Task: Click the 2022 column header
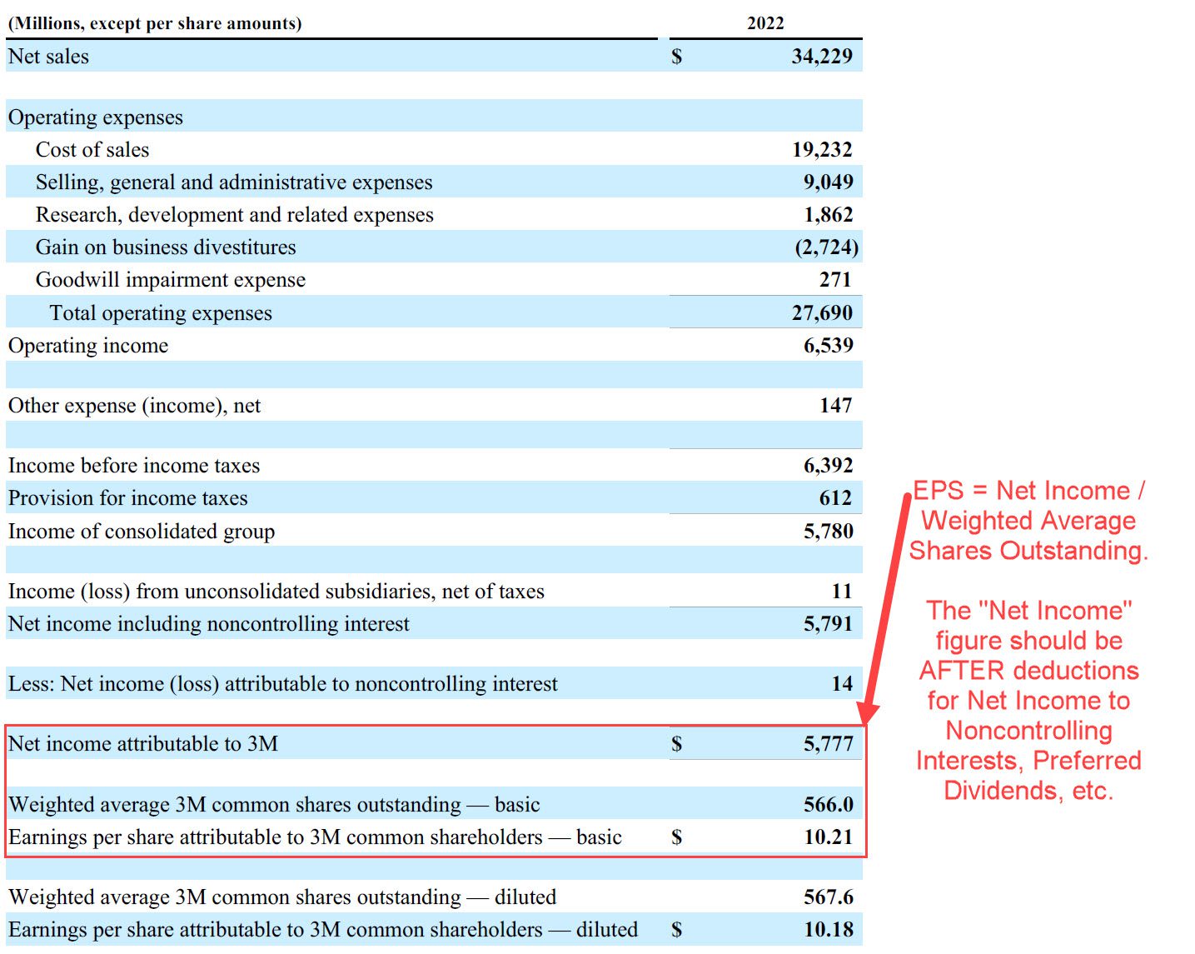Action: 764,22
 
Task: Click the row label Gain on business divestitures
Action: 165,247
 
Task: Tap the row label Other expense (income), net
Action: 134,406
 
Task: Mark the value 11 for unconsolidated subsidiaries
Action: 841,591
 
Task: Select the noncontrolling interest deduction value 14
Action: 841,684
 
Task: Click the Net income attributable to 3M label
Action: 142,744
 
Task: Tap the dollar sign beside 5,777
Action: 676,743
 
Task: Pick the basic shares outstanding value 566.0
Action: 828,804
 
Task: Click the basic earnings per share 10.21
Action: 828,837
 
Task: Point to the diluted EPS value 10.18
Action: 828,929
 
